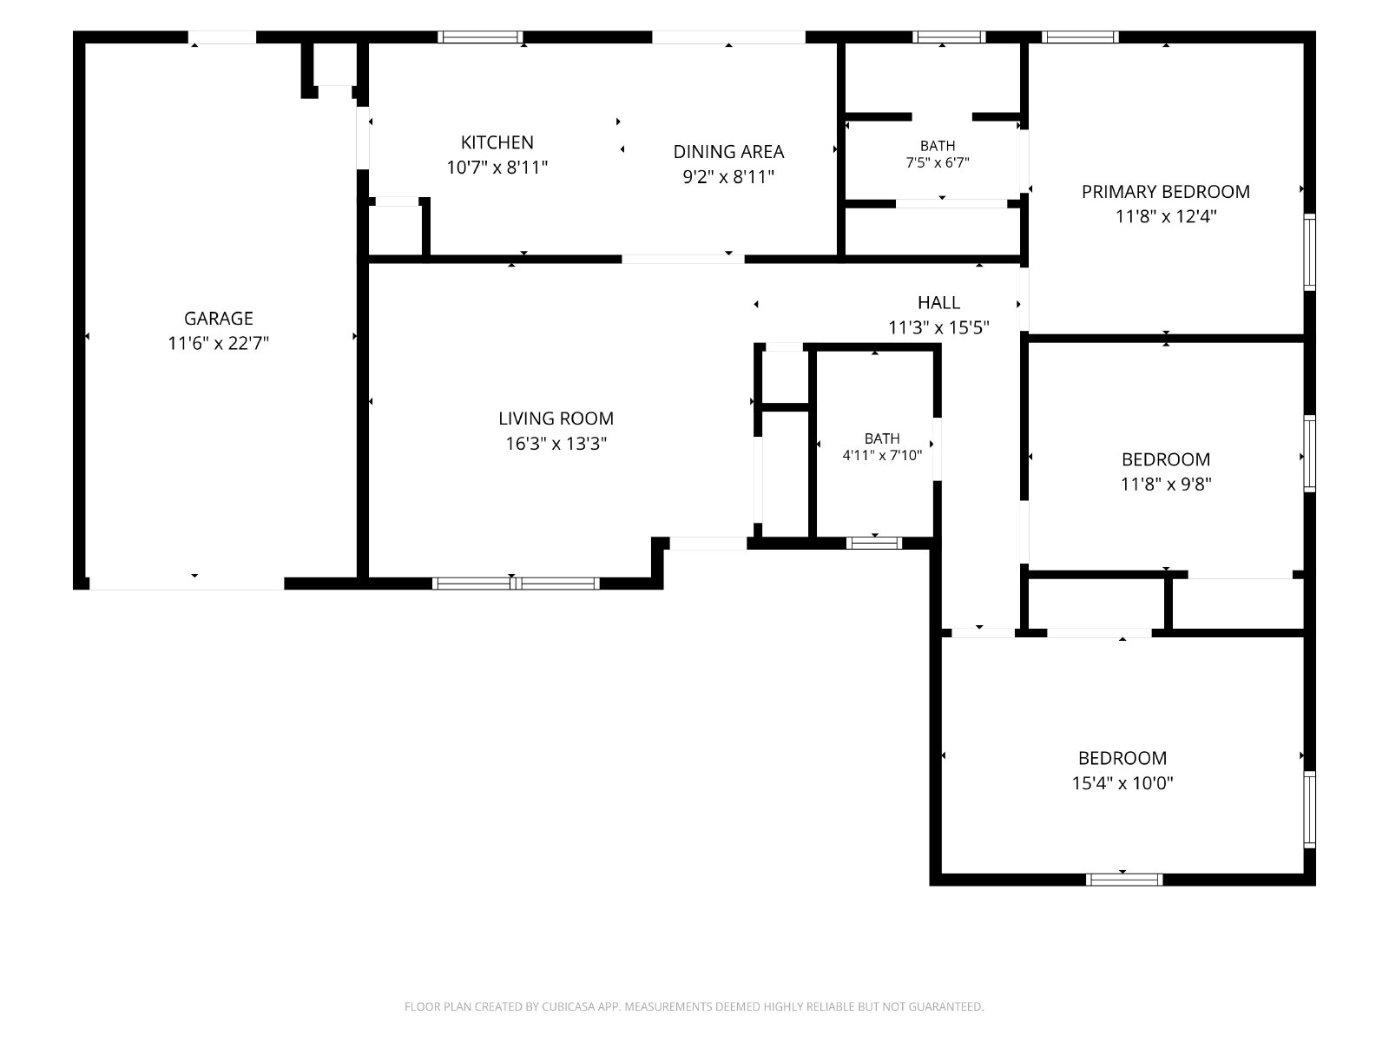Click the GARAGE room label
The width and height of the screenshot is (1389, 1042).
click(x=218, y=318)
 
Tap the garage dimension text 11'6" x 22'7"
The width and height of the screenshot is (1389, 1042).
click(x=218, y=343)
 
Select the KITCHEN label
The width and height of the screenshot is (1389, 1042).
click(x=497, y=142)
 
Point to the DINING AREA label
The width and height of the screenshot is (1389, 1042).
click(x=728, y=151)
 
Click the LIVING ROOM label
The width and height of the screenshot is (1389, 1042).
click(x=556, y=419)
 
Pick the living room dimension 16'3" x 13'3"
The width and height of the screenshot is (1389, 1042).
click(x=556, y=444)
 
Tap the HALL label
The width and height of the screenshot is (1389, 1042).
click(x=938, y=302)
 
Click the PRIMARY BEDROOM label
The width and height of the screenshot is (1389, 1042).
click(x=1166, y=191)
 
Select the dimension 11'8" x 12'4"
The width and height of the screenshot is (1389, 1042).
click(x=1166, y=216)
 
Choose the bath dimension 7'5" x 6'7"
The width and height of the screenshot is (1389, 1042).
click(x=938, y=162)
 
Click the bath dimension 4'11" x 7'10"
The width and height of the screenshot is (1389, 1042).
click(x=881, y=455)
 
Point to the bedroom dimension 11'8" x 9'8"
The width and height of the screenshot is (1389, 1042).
click(x=1166, y=484)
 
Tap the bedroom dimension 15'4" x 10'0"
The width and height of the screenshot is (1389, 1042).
click(x=1122, y=782)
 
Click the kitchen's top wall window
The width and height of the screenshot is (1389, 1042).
click(x=480, y=36)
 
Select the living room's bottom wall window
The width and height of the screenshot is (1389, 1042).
click(x=516, y=584)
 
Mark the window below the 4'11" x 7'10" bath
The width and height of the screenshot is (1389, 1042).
click(x=874, y=543)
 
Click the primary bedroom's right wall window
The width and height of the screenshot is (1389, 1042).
click(x=1309, y=252)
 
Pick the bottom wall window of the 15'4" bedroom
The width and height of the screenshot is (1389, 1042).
click(x=1124, y=880)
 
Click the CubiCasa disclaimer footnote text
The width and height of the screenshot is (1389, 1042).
click(x=694, y=1006)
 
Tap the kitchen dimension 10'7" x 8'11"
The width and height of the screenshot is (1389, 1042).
click(x=497, y=167)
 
